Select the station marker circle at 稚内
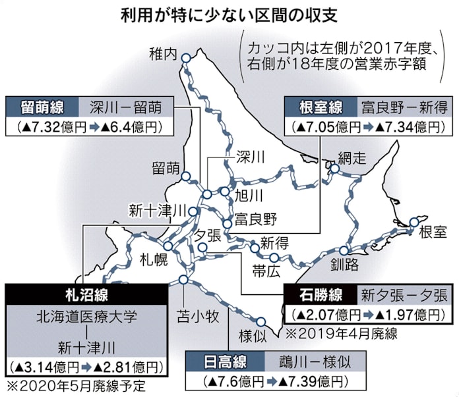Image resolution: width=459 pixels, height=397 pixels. pyautogui.click(x=186, y=59)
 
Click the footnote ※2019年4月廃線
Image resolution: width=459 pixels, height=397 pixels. pyautogui.click(x=340, y=332)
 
